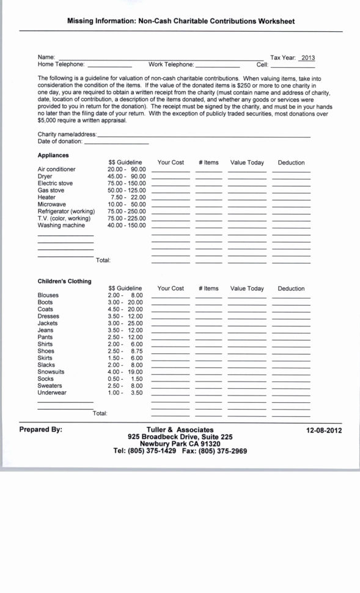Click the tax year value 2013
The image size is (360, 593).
pyautogui.click(x=307, y=57)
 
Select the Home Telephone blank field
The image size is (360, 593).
pyautogui.click(x=109, y=65)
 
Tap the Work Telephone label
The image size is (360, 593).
pyautogui.click(x=171, y=64)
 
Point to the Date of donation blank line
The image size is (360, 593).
pyautogui.click(x=116, y=142)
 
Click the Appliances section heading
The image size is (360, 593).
pyautogui.click(x=53, y=155)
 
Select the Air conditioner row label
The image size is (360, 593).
pyautogui.click(x=57, y=169)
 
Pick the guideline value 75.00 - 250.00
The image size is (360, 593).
pyautogui.click(x=127, y=211)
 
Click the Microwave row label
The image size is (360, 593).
pyautogui.click(x=52, y=204)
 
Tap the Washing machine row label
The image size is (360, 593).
pyautogui.click(x=61, y=225)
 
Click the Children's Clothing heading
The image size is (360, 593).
pyautogui.click(x=64, y=281)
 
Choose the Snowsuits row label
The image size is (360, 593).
pyautogui.click(x=51, y=372)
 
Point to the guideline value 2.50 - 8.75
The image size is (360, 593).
pyautogui.click(x=125, y=351)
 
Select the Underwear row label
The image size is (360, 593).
pyautogui.click(x=52, y=392)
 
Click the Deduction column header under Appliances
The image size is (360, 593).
pyautogui.click(x=291, y=163)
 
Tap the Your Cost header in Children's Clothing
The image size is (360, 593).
pyautogui.click(x=171, y=289)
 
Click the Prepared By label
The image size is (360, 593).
pyautogui.click(x=41, y=430)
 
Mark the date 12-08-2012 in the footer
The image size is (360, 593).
pyautogui.click(x=324, y=430)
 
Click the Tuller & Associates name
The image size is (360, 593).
pyautogui.click(x=180, y=430)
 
